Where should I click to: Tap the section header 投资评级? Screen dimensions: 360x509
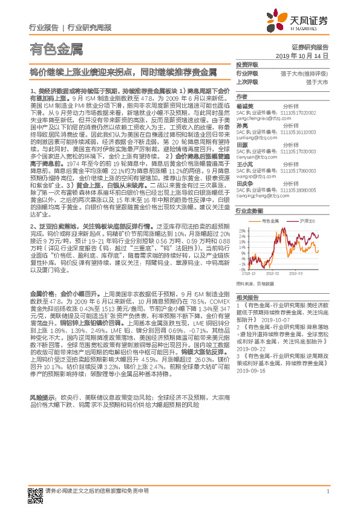(x=246, y=64)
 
